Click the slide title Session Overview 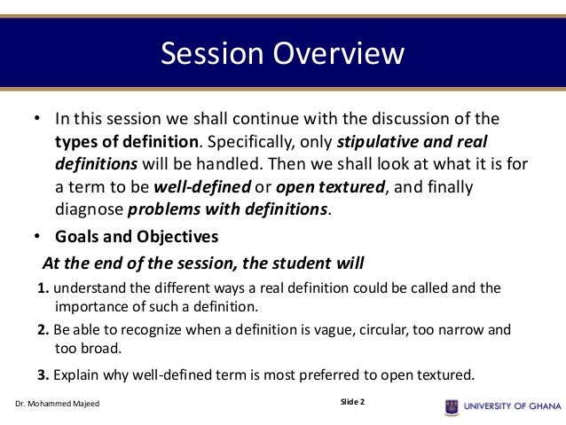(x=282, y=55)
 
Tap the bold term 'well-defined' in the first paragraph (x=201, y=187)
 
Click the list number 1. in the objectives (x=43, y=287)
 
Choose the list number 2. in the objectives (x=43, y=329)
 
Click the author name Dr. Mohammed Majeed (x=57, y=406)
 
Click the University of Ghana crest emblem (x=452, y=406)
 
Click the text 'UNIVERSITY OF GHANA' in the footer (x=512, y=406)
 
